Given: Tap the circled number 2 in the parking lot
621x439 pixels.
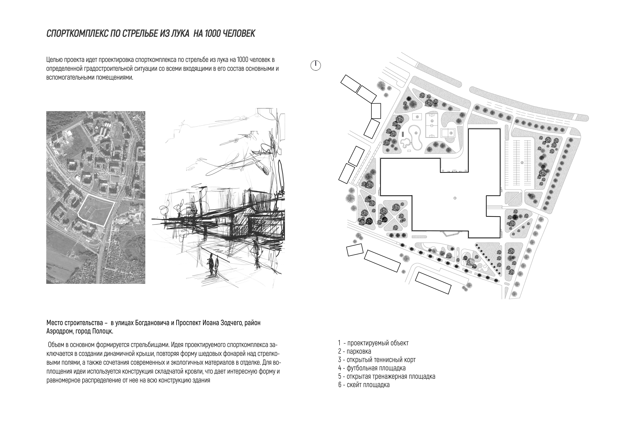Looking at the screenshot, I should click(x=522, y=163).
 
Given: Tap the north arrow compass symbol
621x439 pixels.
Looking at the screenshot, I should click(x=315, y=65).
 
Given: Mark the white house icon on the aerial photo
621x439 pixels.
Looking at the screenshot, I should click(x=97, y=127).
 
